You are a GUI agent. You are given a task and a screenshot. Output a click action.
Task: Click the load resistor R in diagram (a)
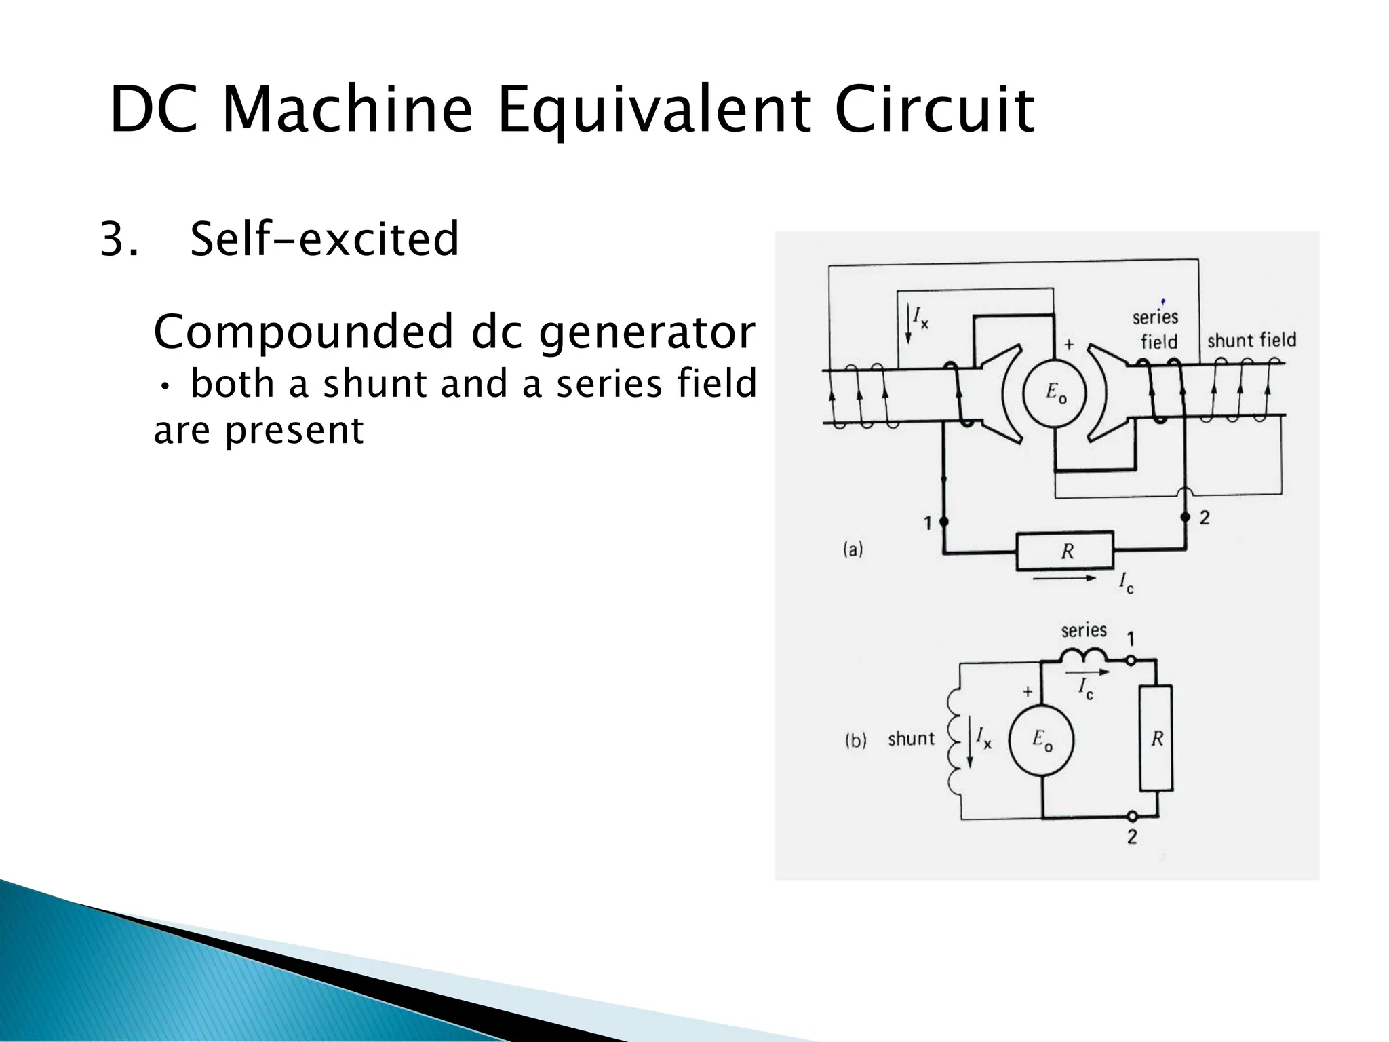1065,551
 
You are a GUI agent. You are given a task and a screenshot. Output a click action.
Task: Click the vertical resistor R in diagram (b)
1156,738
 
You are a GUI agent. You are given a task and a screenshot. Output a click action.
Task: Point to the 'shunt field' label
1251,340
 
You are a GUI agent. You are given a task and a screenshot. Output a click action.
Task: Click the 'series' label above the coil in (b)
1084,630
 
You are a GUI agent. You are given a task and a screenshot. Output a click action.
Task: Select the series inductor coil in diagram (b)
1083,656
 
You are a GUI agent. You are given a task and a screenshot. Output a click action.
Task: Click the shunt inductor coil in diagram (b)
954,739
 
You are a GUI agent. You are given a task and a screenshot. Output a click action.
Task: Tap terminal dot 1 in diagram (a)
943,522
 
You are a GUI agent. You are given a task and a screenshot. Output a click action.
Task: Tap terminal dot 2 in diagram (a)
1186,517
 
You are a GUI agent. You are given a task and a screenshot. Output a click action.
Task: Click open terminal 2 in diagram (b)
1131,816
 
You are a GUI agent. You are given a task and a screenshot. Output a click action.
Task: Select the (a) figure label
853,549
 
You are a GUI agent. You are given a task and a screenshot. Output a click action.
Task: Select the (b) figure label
855,740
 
